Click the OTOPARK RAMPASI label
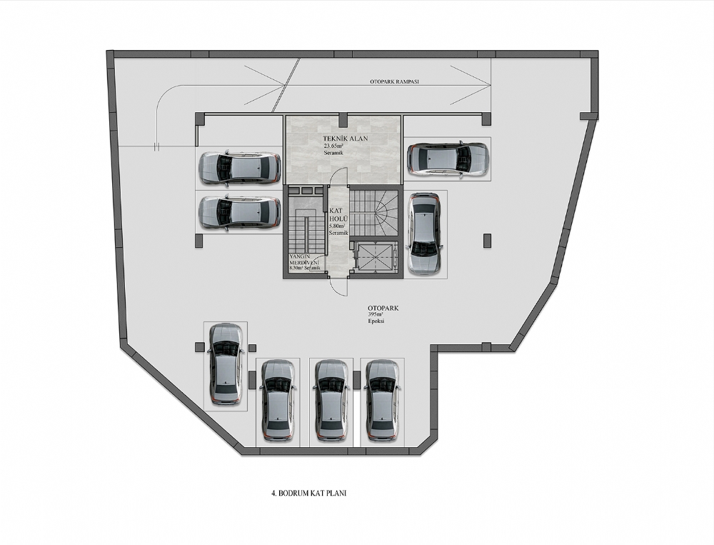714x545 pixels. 394,82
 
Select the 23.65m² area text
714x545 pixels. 333,146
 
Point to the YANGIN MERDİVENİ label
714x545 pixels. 304,260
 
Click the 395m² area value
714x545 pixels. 376,315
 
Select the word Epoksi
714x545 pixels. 376,321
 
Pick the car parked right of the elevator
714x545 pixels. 424,234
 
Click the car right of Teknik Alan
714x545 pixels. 448,159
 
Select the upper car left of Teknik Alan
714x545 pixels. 239,168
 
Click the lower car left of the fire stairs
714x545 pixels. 239,213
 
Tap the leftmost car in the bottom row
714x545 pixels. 226,365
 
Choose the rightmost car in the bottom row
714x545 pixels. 381,401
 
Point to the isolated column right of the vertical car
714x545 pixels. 487,240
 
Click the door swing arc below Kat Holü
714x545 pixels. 338,287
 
